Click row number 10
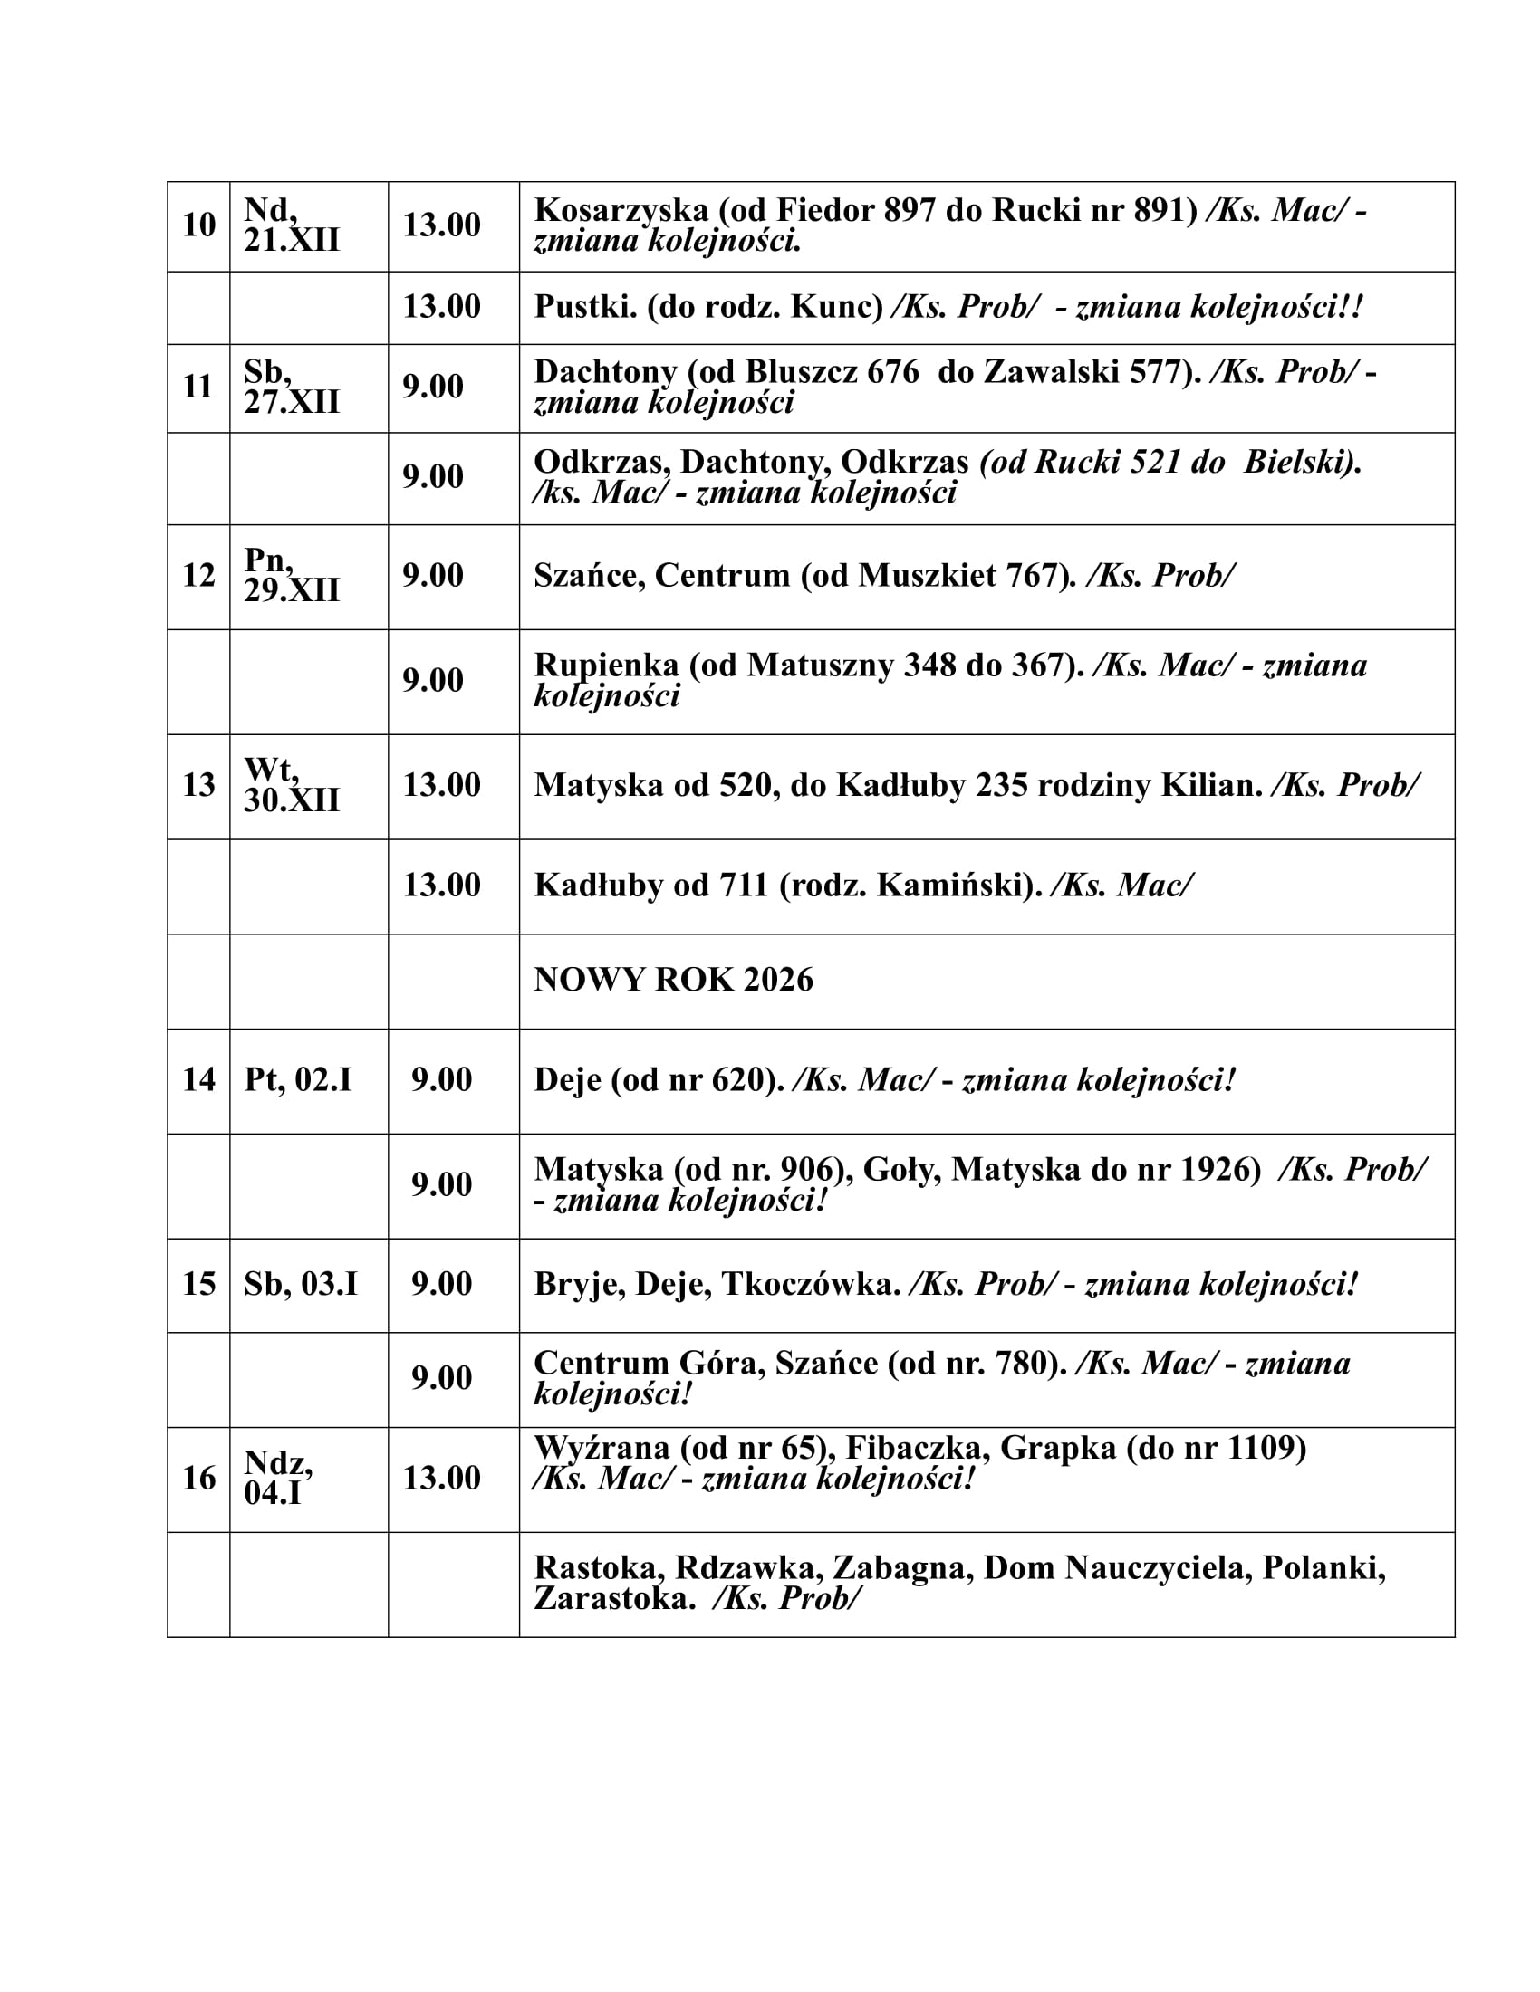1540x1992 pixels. point(198,225)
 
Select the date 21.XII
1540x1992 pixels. point(291,241)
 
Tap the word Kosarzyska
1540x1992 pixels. point(621,211)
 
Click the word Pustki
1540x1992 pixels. point(584,307)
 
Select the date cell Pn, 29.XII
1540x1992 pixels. point(291,576)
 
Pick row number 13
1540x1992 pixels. point(198,785)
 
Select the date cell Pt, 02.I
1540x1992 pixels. point(297,1081)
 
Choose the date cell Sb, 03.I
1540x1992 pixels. point(300,1284)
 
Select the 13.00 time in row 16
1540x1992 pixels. point(441,1479)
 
